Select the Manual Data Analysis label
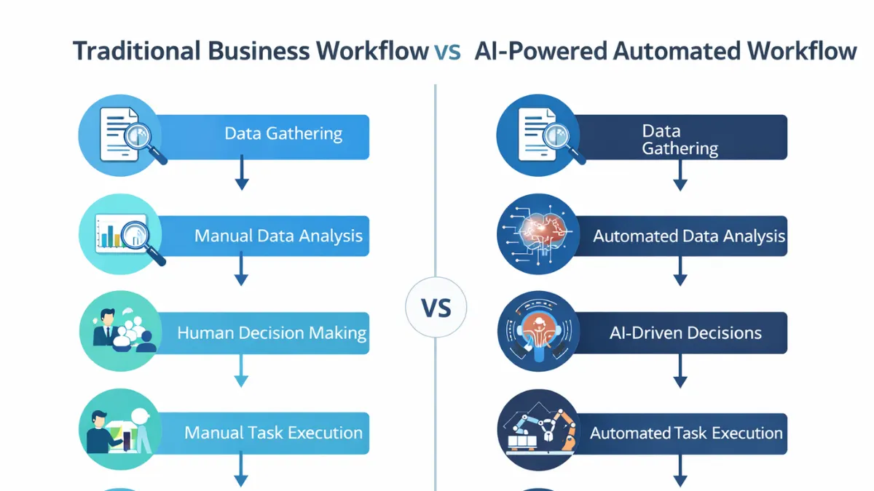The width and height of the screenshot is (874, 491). point(278,236)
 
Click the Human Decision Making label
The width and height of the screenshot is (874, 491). point(272,333)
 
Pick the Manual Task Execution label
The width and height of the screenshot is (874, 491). point(273,433)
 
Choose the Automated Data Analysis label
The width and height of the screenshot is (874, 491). point(688,236)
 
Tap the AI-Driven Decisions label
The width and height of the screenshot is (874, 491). point(685,333)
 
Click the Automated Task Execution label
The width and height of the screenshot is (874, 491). point(686,434)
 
